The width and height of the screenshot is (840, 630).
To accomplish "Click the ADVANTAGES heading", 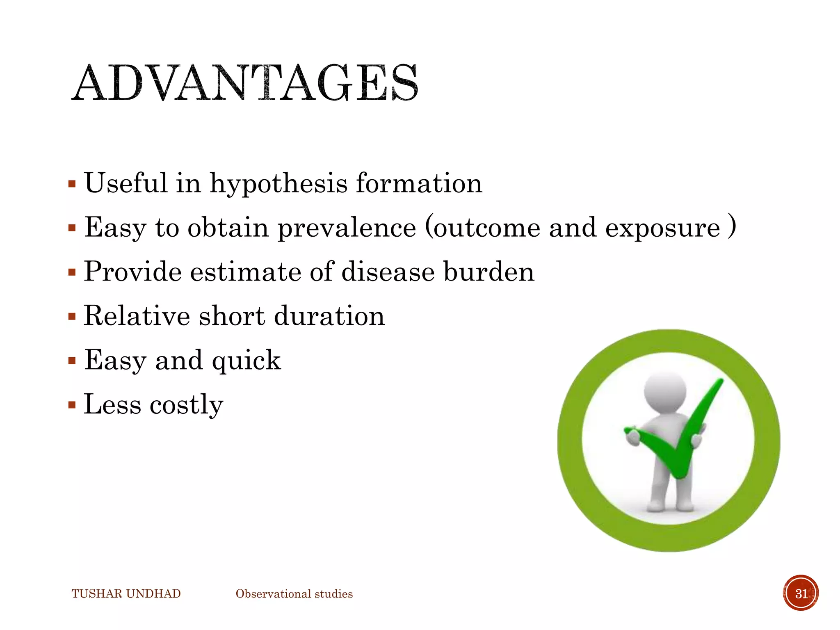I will pyautogui.click(x=245, y=83).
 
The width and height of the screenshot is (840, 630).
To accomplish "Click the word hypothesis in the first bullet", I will pyautogui.click(x=278, y=183).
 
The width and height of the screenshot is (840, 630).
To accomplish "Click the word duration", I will pyautogui.click(x=329, y=316).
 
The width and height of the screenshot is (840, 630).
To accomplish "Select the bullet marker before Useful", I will pyautogui.click(x=72, y=183).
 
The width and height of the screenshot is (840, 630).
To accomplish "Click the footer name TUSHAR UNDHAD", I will pyautogui.click(x=126, y=594).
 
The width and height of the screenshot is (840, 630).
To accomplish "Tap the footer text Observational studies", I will pyautogui.click(x=294, y=594).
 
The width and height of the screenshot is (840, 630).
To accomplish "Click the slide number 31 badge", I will pyautogui.click(x=801, y=593).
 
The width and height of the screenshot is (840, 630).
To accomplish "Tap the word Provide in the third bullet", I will pyautogui.click(x=132, y=272).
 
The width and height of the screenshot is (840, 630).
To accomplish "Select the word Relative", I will pyautogui.click(x=137, y=316).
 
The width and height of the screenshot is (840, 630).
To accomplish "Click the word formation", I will pyautogui.click(x=419, y=183).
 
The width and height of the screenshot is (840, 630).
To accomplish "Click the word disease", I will pyautogui.click(x=388, y=272).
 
